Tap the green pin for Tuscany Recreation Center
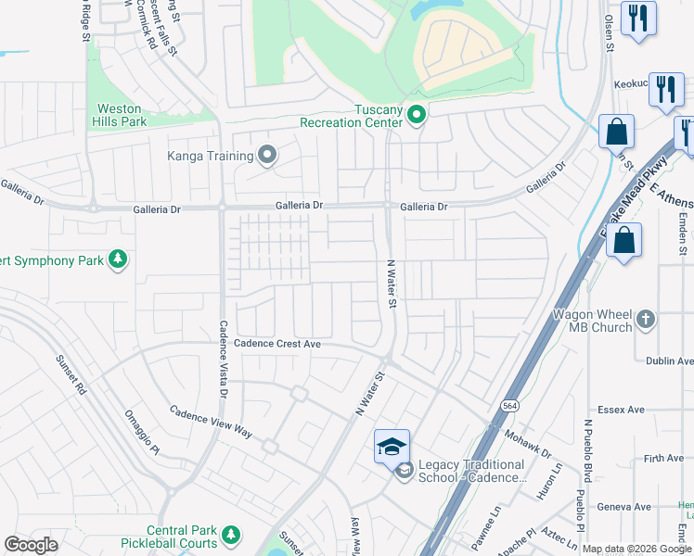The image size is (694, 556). coord(417,116)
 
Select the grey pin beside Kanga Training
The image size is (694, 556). coord(268,155)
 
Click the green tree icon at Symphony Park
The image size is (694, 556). coord(117,259)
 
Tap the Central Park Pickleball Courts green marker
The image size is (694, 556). coord(230,535)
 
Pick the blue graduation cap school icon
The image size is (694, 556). coord(392,447)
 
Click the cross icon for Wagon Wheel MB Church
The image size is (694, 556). coord(647,321)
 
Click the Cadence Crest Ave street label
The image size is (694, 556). coord(276,344)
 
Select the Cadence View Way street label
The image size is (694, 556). coord(211,422)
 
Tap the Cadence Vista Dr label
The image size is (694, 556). coord(224,360)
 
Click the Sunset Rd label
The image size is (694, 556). coord(71,375)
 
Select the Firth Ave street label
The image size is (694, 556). coord(663,458)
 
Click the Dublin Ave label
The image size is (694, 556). coord(671,361)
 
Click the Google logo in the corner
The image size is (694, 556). coord(31,545)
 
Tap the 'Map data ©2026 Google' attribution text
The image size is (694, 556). coord(637,549)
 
